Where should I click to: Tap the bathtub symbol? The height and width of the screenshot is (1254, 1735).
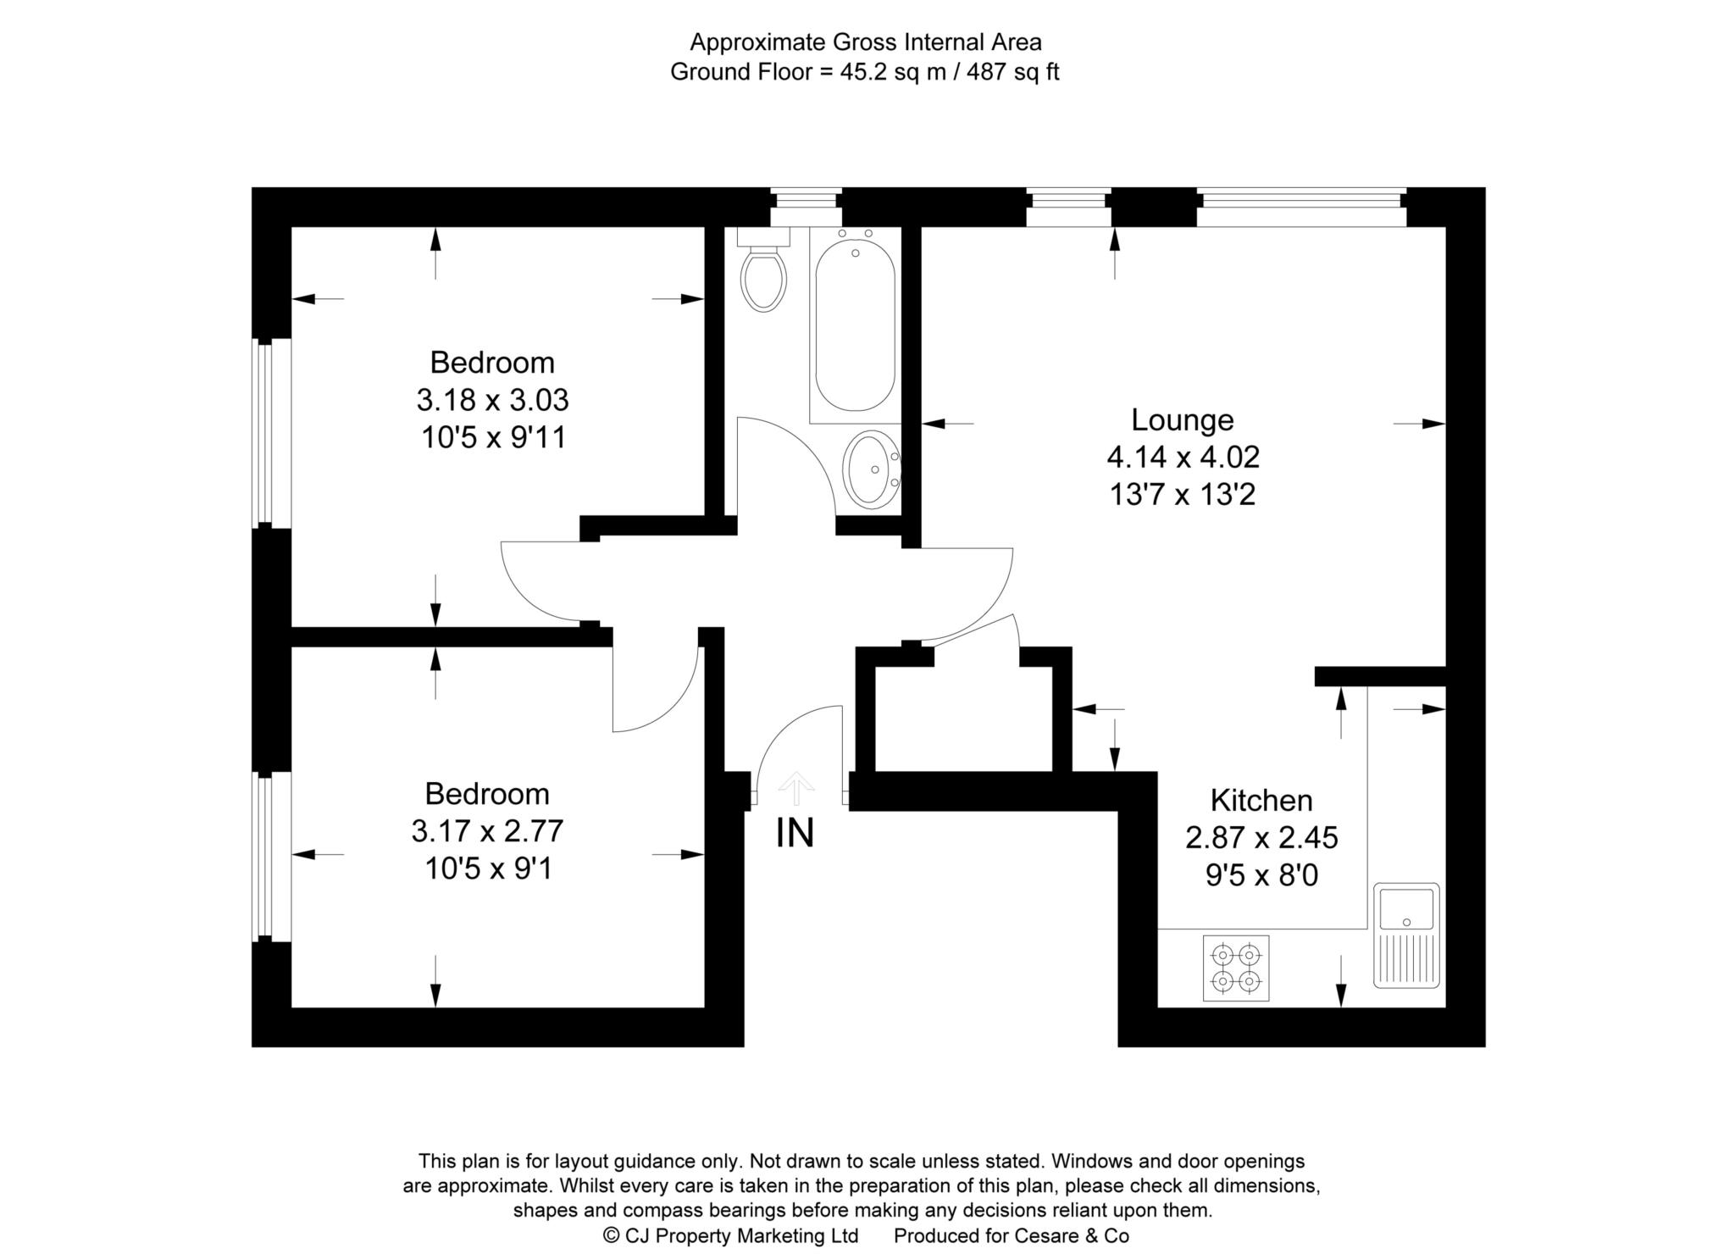tap(855, 325)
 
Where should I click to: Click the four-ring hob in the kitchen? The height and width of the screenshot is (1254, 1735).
tap(1236, 968)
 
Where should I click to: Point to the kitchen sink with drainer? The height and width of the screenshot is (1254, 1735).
tap(1406, 935)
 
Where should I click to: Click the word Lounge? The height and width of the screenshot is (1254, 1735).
tap(1183, 419)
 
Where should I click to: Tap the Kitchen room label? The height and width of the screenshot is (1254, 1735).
tap(1261, 800)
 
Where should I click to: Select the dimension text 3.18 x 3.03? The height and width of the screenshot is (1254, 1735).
tap(492, 399)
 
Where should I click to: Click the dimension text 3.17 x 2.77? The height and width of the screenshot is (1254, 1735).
tap(487, 831)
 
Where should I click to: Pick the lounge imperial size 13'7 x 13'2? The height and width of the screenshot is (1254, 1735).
tap(1183, 494)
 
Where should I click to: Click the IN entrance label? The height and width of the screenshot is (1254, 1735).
tap(795, 833)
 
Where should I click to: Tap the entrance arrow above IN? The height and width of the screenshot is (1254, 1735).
tap(795, 788)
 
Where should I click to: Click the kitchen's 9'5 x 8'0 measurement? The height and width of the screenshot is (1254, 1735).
tap(1261, 874)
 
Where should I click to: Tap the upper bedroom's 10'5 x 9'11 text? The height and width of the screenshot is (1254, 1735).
tap(493, 437)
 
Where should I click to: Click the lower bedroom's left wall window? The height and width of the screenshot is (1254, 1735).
tap(272, 856)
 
